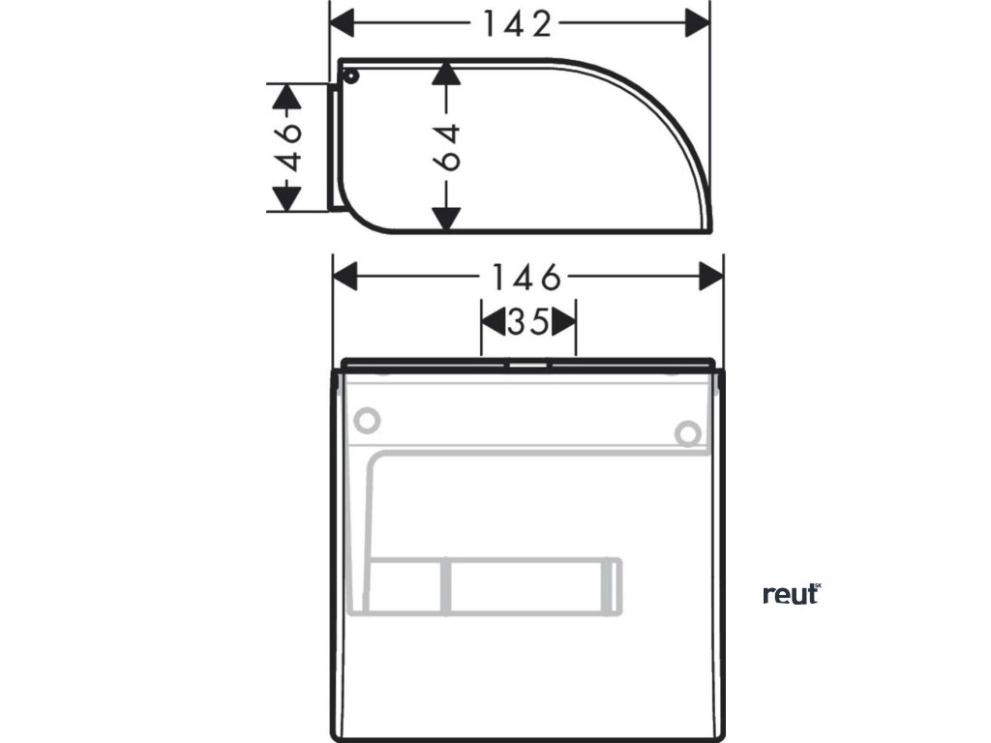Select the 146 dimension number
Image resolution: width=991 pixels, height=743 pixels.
[524, 279]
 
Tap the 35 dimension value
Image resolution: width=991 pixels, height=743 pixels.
[528, 322]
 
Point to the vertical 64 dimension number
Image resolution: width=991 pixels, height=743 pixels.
[446, 147]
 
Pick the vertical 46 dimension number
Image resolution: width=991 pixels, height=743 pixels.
[285, 147]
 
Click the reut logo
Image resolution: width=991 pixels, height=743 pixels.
[791, 594]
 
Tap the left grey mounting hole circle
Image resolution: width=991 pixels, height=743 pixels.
[367, 421]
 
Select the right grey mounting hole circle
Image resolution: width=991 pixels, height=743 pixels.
[687, 434]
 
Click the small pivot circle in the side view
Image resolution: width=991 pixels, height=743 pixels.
[350, 75]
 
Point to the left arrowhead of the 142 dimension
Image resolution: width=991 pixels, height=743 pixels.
[343, 23]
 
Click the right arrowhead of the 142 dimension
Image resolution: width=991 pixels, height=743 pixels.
[698, 23]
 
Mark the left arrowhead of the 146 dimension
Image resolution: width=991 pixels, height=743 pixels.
[345, 279]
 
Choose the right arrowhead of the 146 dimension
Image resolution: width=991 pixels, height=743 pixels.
[711, 279]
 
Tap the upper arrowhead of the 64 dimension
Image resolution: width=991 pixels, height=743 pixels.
[445, 74]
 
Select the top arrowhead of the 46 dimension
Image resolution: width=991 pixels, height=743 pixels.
[285, 96]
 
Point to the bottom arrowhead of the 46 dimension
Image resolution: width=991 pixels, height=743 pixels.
[285, 198]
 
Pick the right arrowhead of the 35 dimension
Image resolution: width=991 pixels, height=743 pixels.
[565, 322]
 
